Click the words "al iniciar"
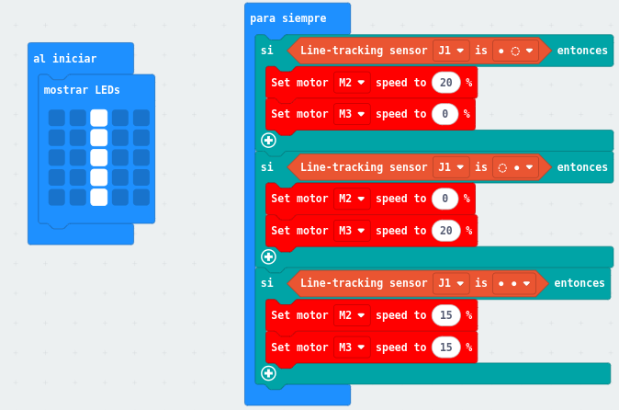click(64, 58)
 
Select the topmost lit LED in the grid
click(99, 118)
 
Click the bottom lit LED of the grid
click(99, 197)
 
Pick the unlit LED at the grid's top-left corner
click(57, 118)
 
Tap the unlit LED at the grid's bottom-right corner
click(141, 197)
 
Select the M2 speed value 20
click(445, 83)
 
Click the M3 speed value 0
click(445, 114)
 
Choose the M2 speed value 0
click(445, 199)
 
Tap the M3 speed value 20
click(445, 230)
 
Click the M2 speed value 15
click(445, 315)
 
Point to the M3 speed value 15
click(445, 347)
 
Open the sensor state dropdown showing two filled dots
click(514, 283)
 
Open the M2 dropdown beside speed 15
click(351, 315)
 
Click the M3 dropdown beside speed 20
click(351, 230)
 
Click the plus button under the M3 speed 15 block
click(268, 372)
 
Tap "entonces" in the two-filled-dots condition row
click(579, 283)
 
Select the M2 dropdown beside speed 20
click(351, 83)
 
